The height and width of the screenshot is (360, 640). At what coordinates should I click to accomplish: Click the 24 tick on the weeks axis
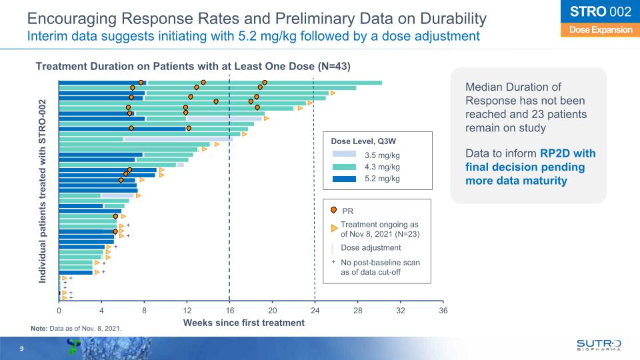tap(315, 310)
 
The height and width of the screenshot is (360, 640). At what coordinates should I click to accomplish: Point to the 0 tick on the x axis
tap(59, 310)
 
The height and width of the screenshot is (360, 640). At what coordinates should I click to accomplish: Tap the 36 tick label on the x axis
tap(443, 310)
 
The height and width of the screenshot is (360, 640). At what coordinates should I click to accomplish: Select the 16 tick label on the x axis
tap(229, 310)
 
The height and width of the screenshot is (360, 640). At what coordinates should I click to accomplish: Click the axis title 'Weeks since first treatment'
tap(244, 323)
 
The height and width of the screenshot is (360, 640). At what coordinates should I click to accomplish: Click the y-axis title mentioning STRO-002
tap(43, 193)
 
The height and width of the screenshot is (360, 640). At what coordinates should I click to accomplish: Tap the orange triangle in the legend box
tap(334, 229)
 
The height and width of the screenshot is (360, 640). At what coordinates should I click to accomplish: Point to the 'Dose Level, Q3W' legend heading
tap(363, 141)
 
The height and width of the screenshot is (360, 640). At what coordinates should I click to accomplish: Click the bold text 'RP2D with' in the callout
tap(569, 153)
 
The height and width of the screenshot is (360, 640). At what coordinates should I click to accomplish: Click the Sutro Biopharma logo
tap(598, 344)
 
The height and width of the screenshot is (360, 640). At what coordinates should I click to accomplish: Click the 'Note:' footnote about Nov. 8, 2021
tap(77, 328)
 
